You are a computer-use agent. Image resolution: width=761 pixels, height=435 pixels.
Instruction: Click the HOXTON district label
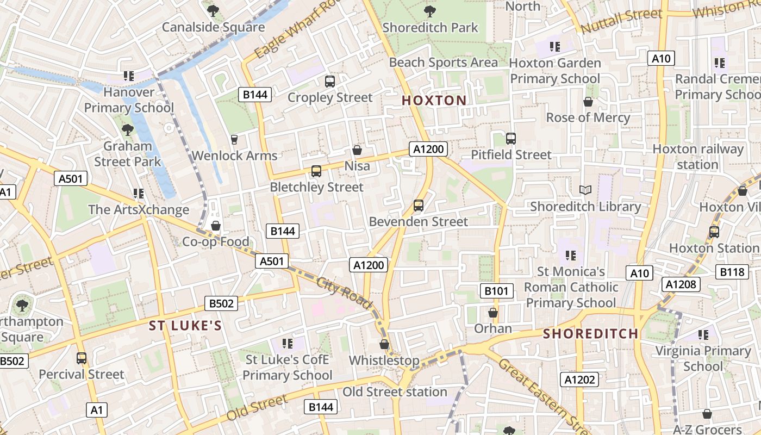pyautogui.click(x=434, y=100)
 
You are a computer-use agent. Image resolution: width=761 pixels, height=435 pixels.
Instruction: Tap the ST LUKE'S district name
pyautogui.click(x=185, y=326)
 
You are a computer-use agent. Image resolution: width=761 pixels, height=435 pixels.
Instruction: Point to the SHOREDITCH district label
pyautogui.click(x=591, y=333)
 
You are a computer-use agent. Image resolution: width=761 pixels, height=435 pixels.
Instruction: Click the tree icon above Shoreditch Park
pyautogui.click(x=429, y=11)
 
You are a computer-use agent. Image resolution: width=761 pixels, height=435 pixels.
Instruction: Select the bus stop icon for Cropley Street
pyautogui.click(x=330, y=82)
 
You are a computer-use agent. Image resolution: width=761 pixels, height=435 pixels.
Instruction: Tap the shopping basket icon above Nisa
pyautogui.click(x=357, y=150)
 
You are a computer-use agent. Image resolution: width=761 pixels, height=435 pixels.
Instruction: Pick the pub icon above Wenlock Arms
pyautogui.click(x=234, y=140)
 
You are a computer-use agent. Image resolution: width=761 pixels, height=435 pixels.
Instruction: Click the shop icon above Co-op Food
pyautogui.click(x=216, y=226)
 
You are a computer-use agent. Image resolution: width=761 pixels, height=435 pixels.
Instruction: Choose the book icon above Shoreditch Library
pyautogui.click(x=585, y=190)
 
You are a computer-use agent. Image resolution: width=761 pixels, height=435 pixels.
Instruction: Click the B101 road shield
pyautogui.click(x=496, y=291)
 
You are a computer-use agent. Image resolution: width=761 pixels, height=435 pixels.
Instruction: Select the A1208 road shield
pyautogui.click(x=681, y=284)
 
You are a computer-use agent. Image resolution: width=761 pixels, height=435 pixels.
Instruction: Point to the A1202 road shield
pyautogui.click(x=579, y=380)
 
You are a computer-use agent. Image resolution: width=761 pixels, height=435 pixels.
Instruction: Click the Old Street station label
pyautogui.click(x=395, y=391)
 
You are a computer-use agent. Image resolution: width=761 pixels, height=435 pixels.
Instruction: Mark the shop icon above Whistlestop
pyautogui.click(x=384, y=345)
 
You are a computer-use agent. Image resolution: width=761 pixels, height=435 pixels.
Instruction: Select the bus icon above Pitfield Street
pyautogui.click(x=510, y=139)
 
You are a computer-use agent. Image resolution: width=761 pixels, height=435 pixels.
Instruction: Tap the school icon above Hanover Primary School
pyautogui.click(x=129, y=76)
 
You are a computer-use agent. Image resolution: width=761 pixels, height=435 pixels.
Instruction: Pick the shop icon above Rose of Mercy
pyautogui.click(x=588, y=102)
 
